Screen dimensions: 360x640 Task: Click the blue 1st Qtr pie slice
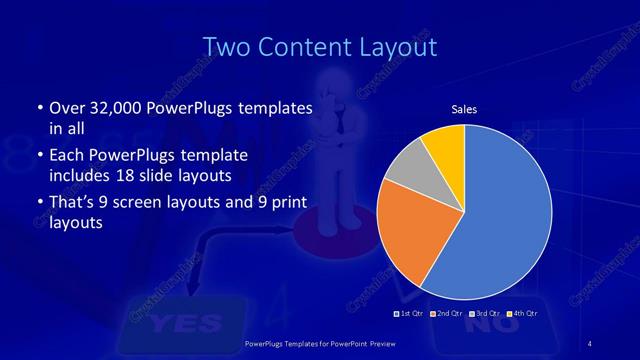coord(500,220)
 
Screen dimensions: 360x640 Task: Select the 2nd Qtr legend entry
coord(446,314)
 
